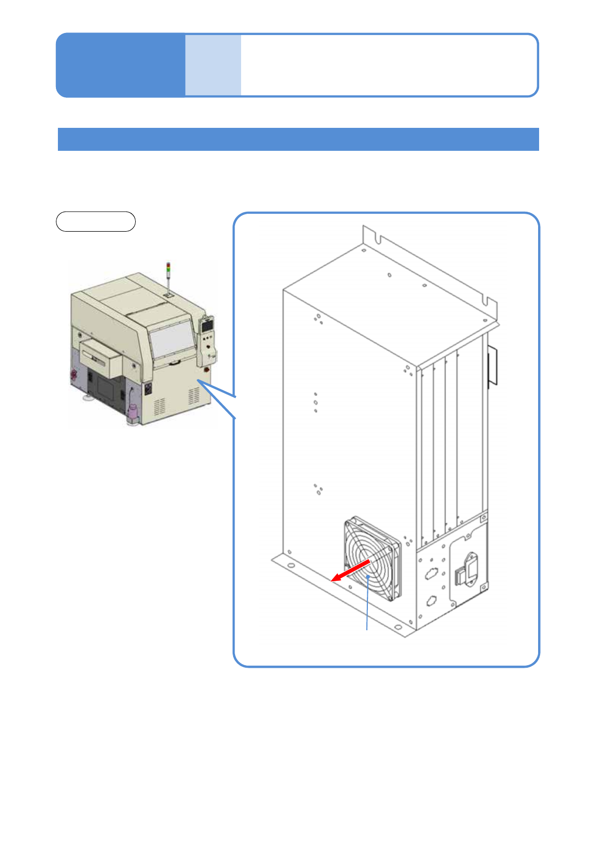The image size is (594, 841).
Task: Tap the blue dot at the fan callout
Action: point(368,577)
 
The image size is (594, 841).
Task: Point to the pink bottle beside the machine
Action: point(133,413)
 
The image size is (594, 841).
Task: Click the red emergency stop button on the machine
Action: point(206,371)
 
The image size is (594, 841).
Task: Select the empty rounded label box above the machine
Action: point(95,221)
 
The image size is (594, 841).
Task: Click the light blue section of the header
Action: point(213,65)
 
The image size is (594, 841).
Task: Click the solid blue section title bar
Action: point(298,139)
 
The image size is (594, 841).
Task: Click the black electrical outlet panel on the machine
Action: point(148,388)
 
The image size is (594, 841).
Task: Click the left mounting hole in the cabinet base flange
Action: point(291,566)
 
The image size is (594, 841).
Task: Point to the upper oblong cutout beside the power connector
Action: point(430,574)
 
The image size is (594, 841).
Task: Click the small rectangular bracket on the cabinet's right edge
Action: point(493,366)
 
